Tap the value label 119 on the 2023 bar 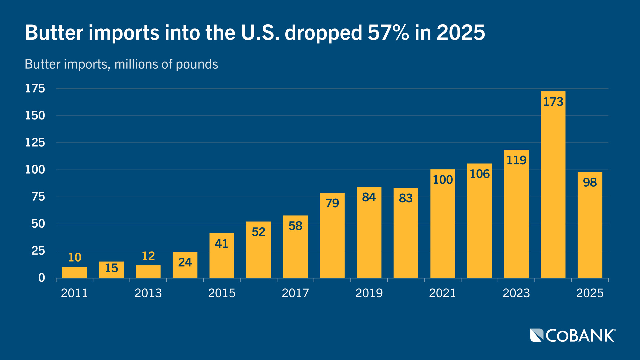(x=516, y=160)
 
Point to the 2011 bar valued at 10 (x=74, y=272)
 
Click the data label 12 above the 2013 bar (x=148, y=256)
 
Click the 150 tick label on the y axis (x=35, y=115)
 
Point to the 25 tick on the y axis (x=38, y=251)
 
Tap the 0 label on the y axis (x=41, y=278)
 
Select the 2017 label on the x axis (x=295, y=293)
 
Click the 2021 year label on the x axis (x=442, y=293)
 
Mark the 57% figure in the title (x=388, y=33)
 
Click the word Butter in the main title (x=54, y=33)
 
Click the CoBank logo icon (x=537, y=335)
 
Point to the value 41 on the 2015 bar (x=221, y=244)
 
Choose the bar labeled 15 (x=111, y=270)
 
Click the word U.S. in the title (x=260, y=33)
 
